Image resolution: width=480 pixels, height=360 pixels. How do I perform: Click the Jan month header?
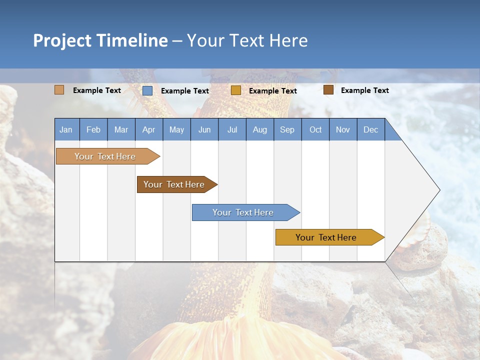tap(66, 129)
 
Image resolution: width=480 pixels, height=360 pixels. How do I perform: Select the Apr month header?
tap(148, 129)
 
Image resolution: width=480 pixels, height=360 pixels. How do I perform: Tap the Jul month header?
tap(232, 129)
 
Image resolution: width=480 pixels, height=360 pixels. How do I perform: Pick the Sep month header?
tap(287, 129)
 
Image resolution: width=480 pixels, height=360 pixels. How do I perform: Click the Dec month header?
tap(370, 129)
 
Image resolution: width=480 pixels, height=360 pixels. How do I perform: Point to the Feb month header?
tap(93, 129)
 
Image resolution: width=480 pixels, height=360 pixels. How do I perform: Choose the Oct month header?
tap(315, 129)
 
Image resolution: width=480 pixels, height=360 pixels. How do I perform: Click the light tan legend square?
tap(59, 90)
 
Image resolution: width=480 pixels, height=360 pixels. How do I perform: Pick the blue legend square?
tap(147, 90)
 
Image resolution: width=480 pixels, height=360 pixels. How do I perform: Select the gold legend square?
tap(236, 90)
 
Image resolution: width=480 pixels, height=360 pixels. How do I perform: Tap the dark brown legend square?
tap(328, 90)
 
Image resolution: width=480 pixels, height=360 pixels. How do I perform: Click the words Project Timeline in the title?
tap(100, 40)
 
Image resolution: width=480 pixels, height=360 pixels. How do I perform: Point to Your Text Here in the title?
tap(247, 40)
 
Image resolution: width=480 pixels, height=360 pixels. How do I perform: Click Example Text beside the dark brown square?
tap(364, 90)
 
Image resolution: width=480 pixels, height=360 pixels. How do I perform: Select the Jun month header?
tap(204, 129)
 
